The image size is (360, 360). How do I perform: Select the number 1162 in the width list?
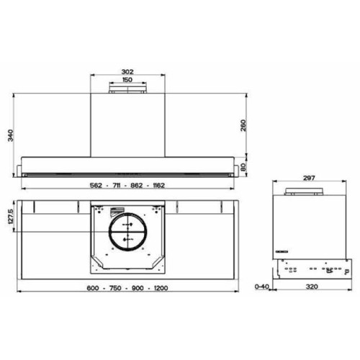(156, 185)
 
